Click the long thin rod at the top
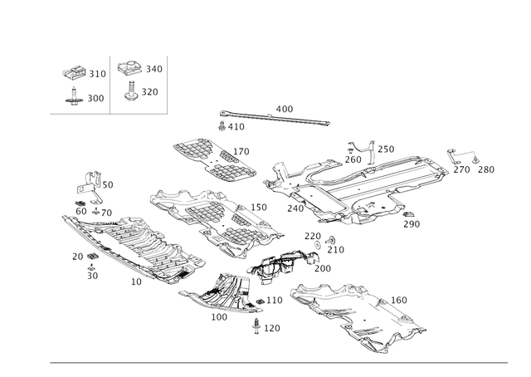274,118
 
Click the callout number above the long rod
284,108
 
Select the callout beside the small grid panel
243,150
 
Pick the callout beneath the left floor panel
134,282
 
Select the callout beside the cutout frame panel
399,299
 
